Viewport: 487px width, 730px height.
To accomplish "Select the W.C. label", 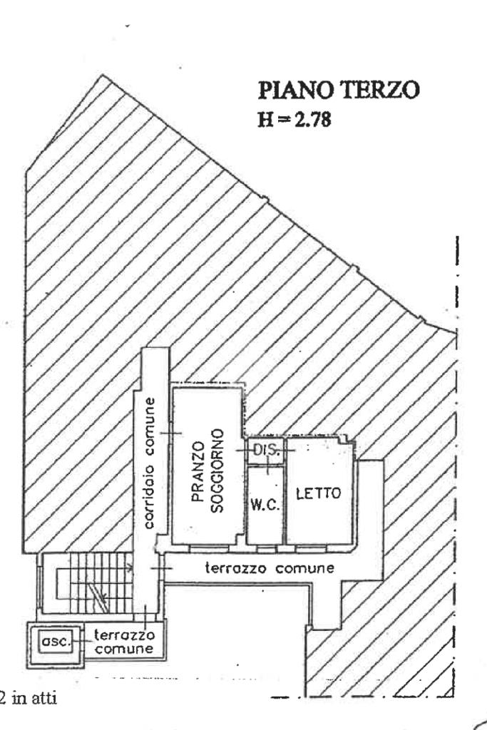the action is click(x=265, y=505).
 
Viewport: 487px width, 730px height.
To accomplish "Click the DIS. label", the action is click(x=265, y=451).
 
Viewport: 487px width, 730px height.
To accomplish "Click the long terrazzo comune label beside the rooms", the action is click(x=270, y=569).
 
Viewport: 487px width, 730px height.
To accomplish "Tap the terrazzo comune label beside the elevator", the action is click(x=124, y=641).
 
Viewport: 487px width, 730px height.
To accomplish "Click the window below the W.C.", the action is click(x=265, y=548).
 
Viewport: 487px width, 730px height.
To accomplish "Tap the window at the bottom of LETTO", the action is click(x=314, y=548).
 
